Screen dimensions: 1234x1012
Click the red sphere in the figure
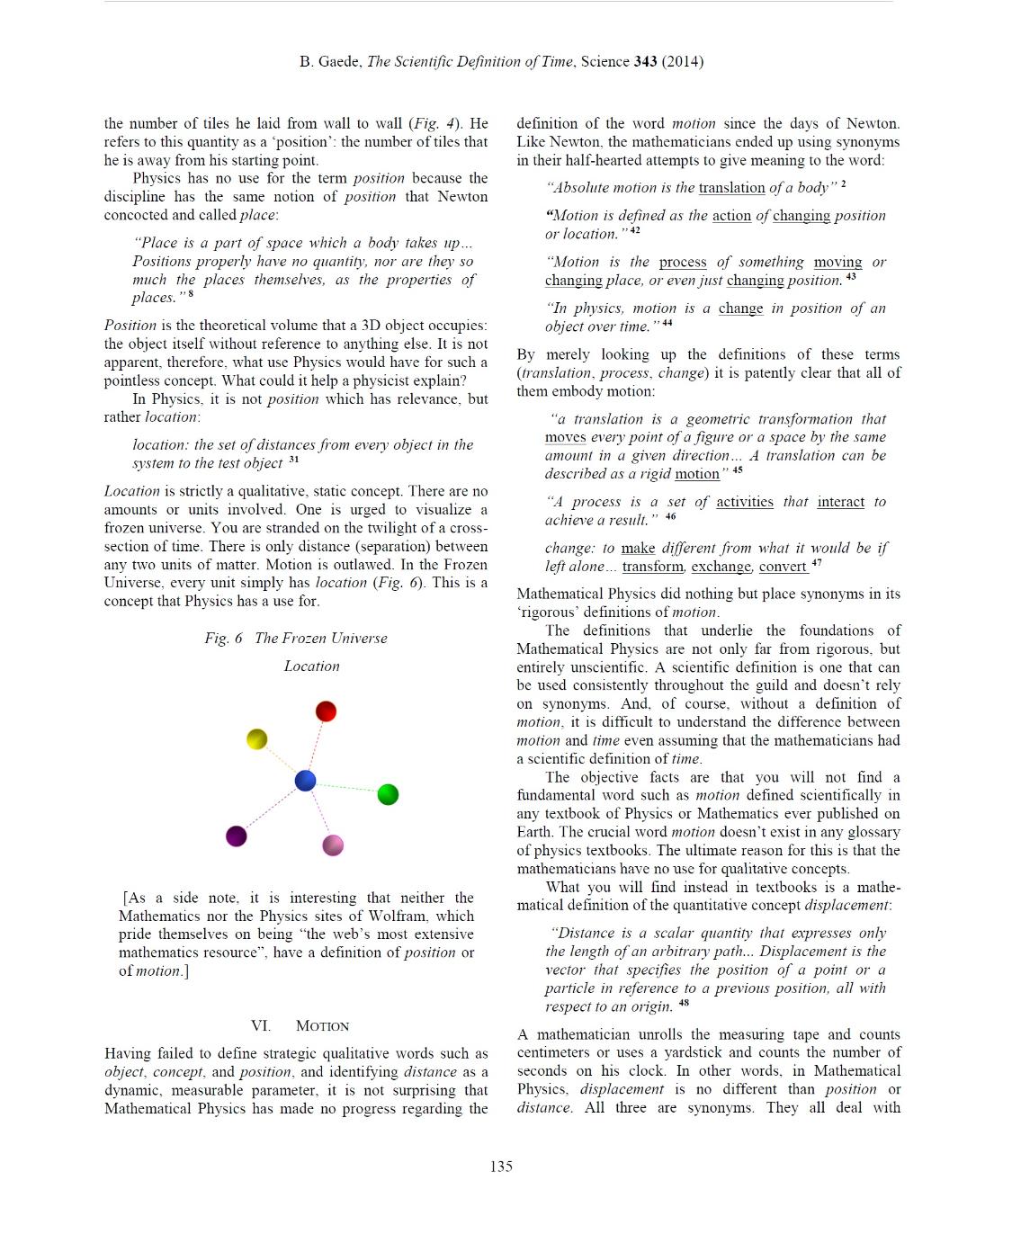tap(326, 711)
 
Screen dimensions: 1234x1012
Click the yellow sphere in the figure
tap(257, 739)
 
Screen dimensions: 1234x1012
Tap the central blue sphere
tap(306, 780)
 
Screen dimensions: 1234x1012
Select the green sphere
tap(388, 794)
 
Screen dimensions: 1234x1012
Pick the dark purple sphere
tap(237, 836)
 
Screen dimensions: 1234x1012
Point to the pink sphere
tap(333, 845)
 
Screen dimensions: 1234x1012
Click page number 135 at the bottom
tap(501, 1167)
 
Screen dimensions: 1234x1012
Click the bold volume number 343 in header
tap(645, 61)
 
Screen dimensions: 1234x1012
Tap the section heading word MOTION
tap(322, 1026)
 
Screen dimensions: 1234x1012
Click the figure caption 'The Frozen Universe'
tap(321, 638)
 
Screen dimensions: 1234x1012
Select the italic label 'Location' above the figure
tap(312, 666)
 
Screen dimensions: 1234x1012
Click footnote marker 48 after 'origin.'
tap(685, 1003)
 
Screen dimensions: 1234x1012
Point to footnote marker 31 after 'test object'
tap(293, 460)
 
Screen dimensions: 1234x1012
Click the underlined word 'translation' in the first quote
tap(731, 188)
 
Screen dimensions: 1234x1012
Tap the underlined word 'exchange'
tap(721, 567)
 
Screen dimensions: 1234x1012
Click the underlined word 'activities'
tap(744, 502)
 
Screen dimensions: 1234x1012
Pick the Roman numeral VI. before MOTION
tap(261, 1026)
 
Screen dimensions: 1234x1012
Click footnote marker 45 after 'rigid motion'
tap(738, 469)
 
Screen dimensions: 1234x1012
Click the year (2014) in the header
tap(683, 61)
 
